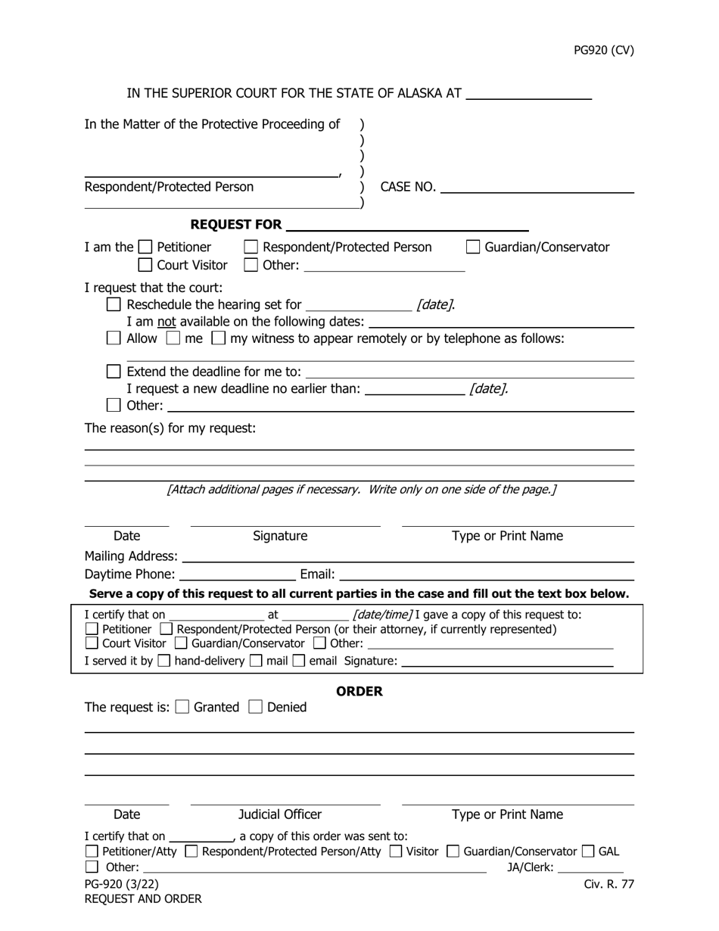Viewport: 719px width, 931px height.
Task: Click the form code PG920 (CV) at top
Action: click(603, 51)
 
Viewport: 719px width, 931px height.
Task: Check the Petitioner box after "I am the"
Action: click(146, 248)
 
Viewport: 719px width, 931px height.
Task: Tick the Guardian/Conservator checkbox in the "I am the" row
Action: click(473, 248)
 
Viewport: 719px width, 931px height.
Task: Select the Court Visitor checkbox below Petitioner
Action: click(145, 266)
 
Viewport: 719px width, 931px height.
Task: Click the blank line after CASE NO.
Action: click(537, 188)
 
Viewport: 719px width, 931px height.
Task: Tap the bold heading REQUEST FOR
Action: click(236, 225)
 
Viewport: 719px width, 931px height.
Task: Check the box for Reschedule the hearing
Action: click(114, 305)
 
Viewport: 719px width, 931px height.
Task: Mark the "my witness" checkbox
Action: click(218, 338)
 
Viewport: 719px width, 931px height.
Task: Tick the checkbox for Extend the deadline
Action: click(114, 372)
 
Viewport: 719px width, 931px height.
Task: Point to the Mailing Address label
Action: click(131, 556)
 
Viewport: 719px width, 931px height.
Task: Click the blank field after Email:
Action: click(487, 575)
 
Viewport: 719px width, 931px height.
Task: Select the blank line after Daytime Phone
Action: click(238, 575)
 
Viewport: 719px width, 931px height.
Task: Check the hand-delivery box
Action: click(163, 661)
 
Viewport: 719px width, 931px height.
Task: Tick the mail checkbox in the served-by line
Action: click(256, 661)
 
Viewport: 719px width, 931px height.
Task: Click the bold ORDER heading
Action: click(359, 692)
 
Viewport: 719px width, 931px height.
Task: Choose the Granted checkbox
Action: click(182, 707)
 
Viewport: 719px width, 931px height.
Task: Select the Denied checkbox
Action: click(255, 707)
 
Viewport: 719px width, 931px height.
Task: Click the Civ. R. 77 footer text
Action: click(609, 884)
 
